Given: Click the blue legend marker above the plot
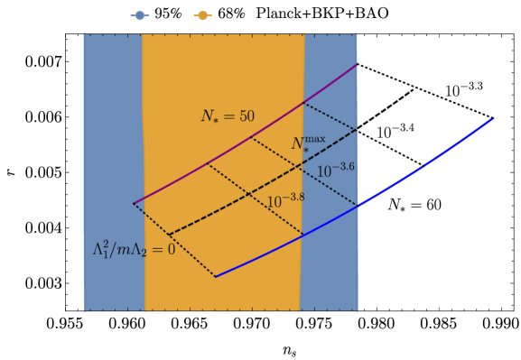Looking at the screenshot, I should tap(140, 15).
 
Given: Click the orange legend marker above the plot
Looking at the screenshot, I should tap(203, 15).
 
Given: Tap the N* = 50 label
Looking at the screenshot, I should tap(227, 116).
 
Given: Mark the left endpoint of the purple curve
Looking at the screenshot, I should tap(134, 204).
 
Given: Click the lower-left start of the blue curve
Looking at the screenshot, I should tap(216, 277).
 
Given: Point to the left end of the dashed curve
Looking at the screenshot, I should tap(169, 235).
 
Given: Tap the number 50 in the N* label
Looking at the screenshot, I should tap(246, 116).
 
